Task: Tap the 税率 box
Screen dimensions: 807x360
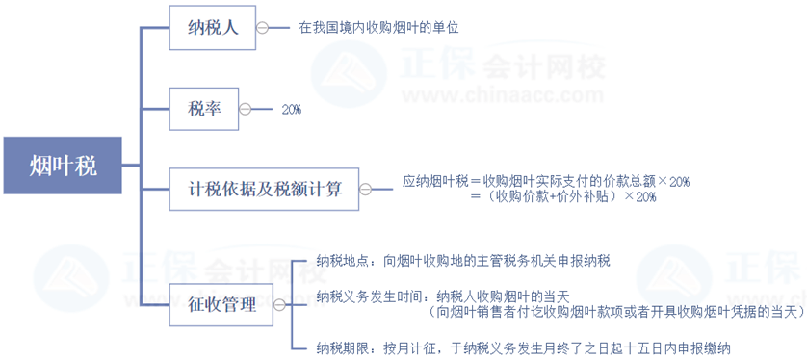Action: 203,109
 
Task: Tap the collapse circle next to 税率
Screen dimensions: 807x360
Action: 244,109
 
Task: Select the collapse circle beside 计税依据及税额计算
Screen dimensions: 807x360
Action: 364,190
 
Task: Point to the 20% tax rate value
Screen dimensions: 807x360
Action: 291,110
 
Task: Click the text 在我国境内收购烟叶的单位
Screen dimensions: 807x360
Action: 377,28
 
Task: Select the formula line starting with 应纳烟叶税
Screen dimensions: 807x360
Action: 546,181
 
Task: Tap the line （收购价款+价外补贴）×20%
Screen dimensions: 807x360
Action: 563,197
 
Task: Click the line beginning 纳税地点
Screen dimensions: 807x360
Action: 462,261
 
